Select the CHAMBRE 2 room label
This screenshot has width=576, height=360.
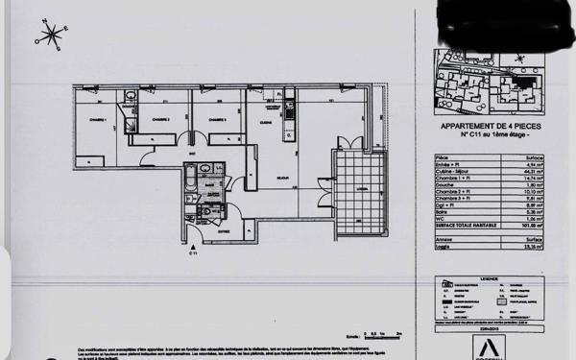point(160,119)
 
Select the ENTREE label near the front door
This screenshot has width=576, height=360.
point(223,230)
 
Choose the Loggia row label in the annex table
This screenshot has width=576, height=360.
point(444,245)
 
